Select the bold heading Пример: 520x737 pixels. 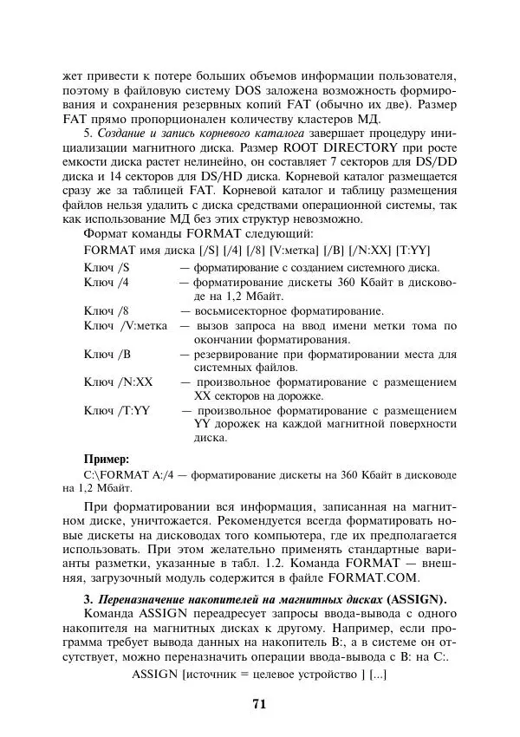[106, 458]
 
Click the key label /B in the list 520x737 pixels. [123, 355]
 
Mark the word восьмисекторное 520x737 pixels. [234, 310]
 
